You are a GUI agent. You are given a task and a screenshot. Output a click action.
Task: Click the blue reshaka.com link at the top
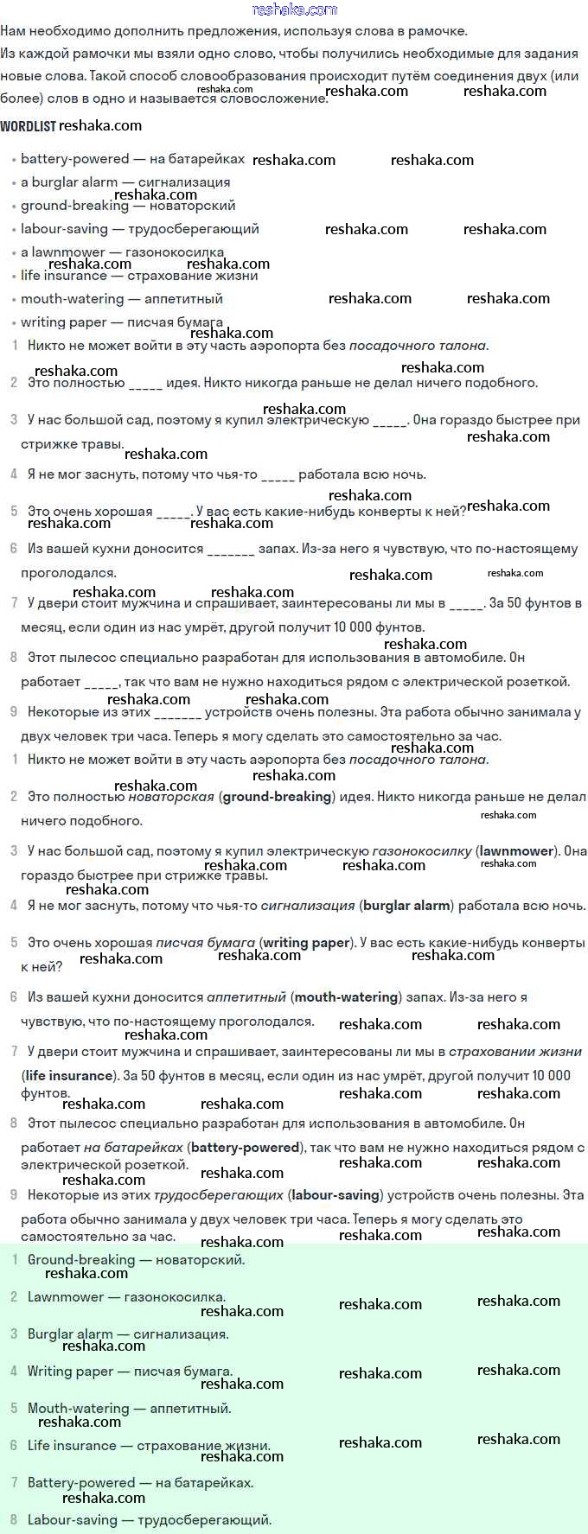[x=294, y=10]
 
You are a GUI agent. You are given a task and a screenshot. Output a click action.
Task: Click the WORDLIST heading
[x=28, y=126]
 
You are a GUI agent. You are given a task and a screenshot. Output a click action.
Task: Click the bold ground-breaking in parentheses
[x=277, y=797]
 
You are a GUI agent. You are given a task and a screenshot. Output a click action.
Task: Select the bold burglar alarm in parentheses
[x=406, y=906]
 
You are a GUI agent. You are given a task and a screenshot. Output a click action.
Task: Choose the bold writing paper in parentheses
[x=306, y=943]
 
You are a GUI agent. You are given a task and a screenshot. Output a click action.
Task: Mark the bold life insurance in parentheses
[x=69, y=1076]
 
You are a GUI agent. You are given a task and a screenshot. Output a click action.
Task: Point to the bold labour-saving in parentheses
[x=336, y=1195]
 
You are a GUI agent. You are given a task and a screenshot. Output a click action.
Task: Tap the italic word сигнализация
[x=308, y=906]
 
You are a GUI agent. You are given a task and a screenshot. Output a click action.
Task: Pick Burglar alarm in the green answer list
[x=70, y=1334]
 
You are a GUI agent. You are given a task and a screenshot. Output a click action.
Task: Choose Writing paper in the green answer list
[x=70, y=1372]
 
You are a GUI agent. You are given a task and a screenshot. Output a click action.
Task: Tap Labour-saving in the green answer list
[x=72, y=1520]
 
